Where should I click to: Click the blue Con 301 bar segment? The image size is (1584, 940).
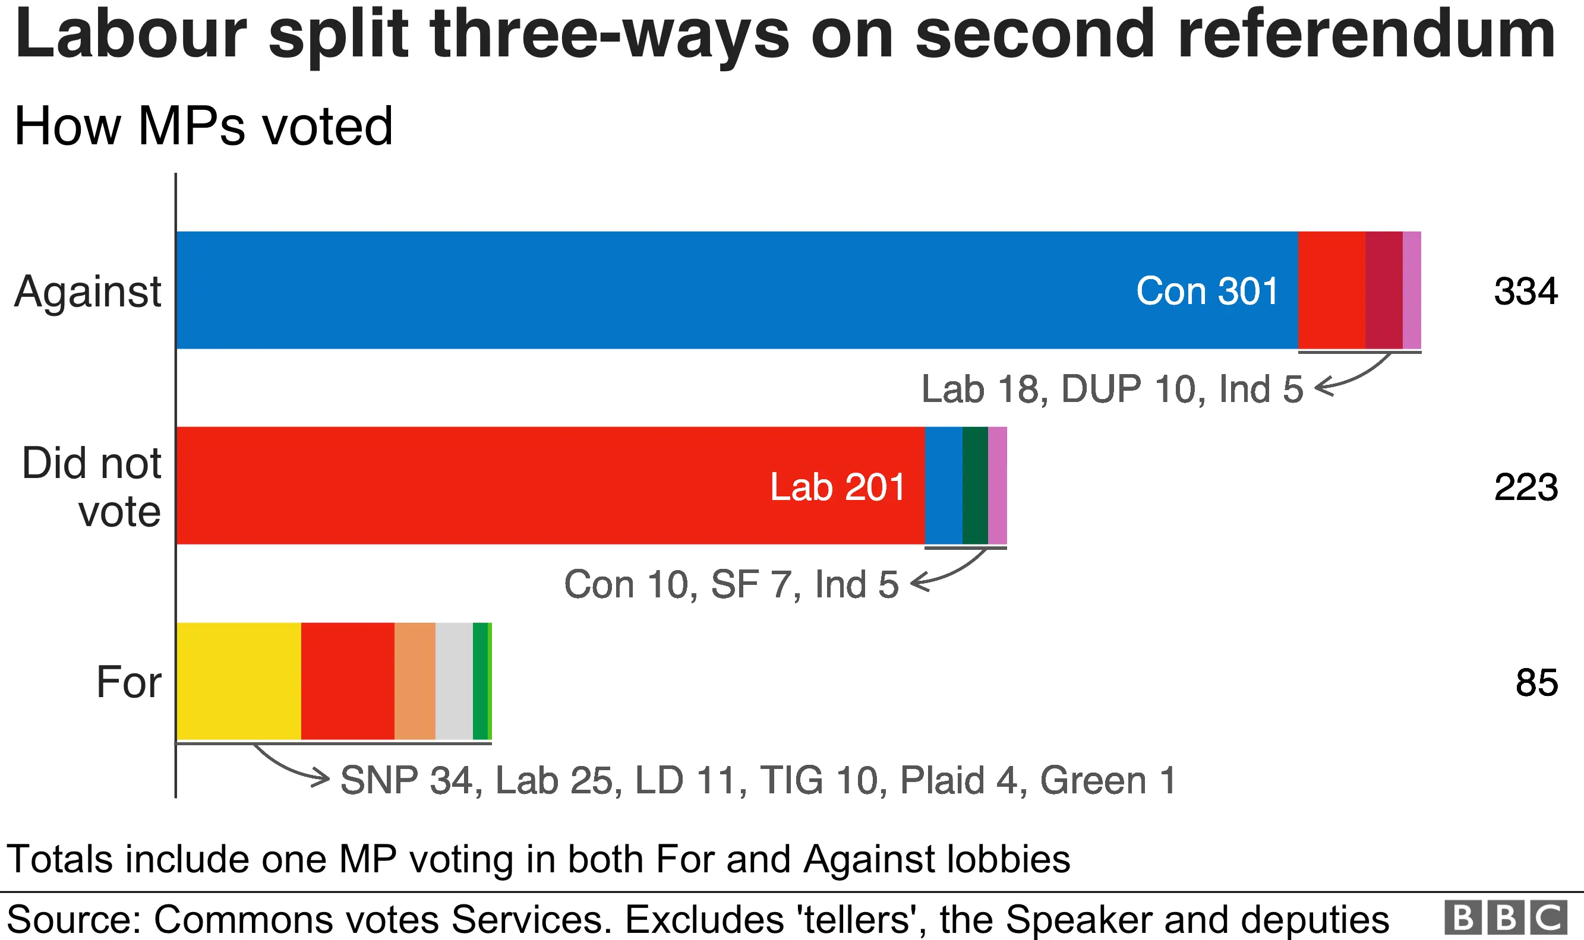tap(735, 290)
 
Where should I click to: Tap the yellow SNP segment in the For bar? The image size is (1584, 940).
tap(238, 681)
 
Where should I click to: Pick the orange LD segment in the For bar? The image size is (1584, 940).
tap(415, 681)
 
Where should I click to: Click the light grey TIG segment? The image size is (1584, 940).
tap(454, 681)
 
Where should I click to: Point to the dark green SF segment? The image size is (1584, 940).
tap(974, 486)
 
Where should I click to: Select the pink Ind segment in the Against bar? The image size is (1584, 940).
tap(1412, 290)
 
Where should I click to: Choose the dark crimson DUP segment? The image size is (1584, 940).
tap(1384, 290)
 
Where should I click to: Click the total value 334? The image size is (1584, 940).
tap(1525, 292)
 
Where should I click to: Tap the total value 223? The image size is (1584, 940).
tap(1525, 487)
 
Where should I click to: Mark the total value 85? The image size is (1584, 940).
tap(1536, 683)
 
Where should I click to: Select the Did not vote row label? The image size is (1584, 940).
tap(92, 486)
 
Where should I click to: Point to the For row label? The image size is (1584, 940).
tap(128, 682)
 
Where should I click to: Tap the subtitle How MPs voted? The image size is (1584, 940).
tap(203, 125)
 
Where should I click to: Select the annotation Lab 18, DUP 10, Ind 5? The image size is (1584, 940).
tap(1112, 389)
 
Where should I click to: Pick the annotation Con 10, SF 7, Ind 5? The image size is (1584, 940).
tap(731, 584)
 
